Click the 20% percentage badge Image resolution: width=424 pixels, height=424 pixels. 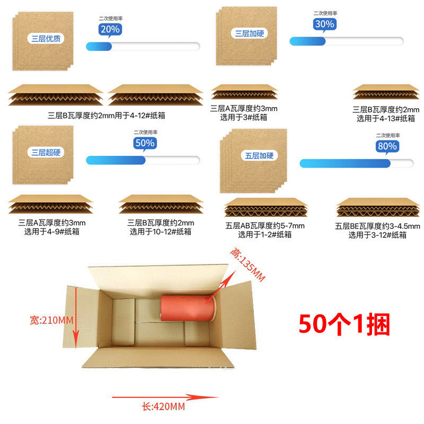(109, 30)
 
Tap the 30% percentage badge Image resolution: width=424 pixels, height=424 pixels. (324, 24)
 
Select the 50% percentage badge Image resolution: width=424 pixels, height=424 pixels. (144, 143)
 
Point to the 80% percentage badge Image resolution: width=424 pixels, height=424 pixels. (386, 146)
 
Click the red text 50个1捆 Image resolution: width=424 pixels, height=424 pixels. (344, 324)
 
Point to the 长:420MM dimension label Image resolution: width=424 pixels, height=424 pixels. (163, 407)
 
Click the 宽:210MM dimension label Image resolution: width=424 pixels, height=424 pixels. (51, 320)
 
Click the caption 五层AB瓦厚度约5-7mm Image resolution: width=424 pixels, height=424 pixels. (265, 226)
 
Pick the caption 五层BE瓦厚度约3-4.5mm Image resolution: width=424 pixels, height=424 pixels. (377, 226)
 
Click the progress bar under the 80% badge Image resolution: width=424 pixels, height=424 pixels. (356, 163)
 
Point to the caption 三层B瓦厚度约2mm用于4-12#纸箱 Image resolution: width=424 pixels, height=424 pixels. (110, 116)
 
